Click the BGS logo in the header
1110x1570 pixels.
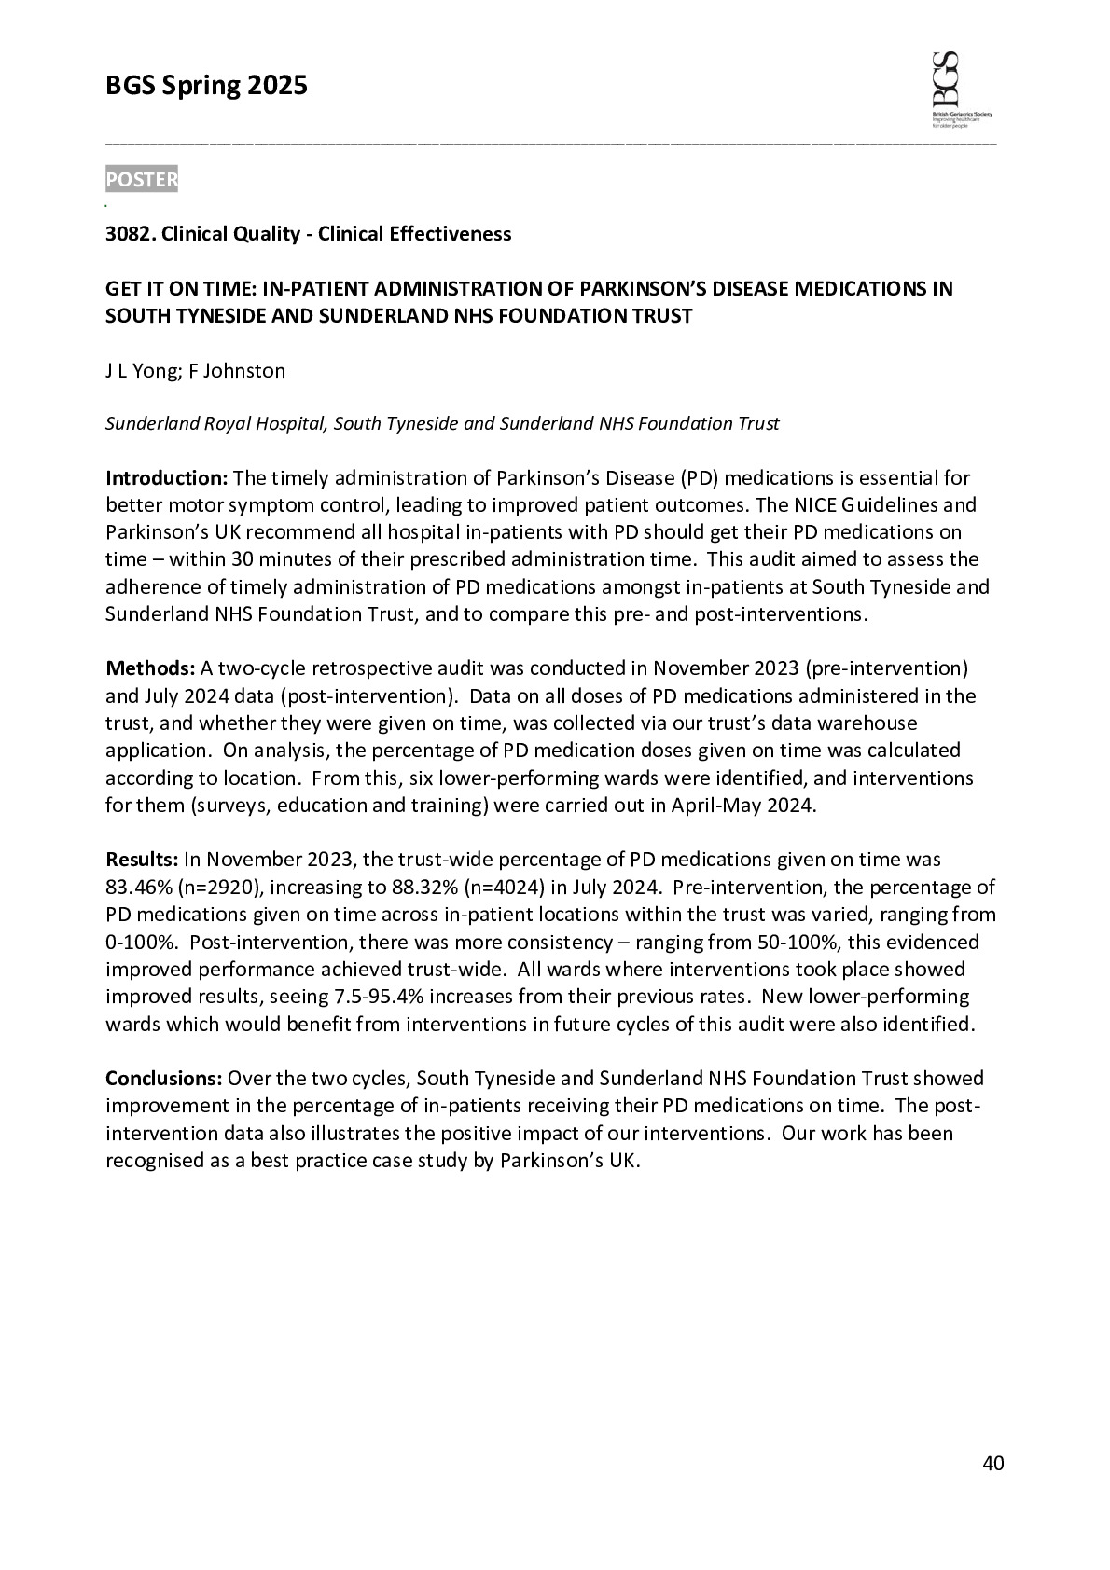[961, 90]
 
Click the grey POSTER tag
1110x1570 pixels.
[141, 179]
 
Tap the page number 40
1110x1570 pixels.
[993, 1464]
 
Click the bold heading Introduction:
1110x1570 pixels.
[166, 478]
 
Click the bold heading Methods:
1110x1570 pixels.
[150, 668]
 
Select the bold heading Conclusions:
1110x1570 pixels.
[163, 1079]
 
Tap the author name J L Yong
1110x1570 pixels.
[140, 371]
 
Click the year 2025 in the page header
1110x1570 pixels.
[277, 87]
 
